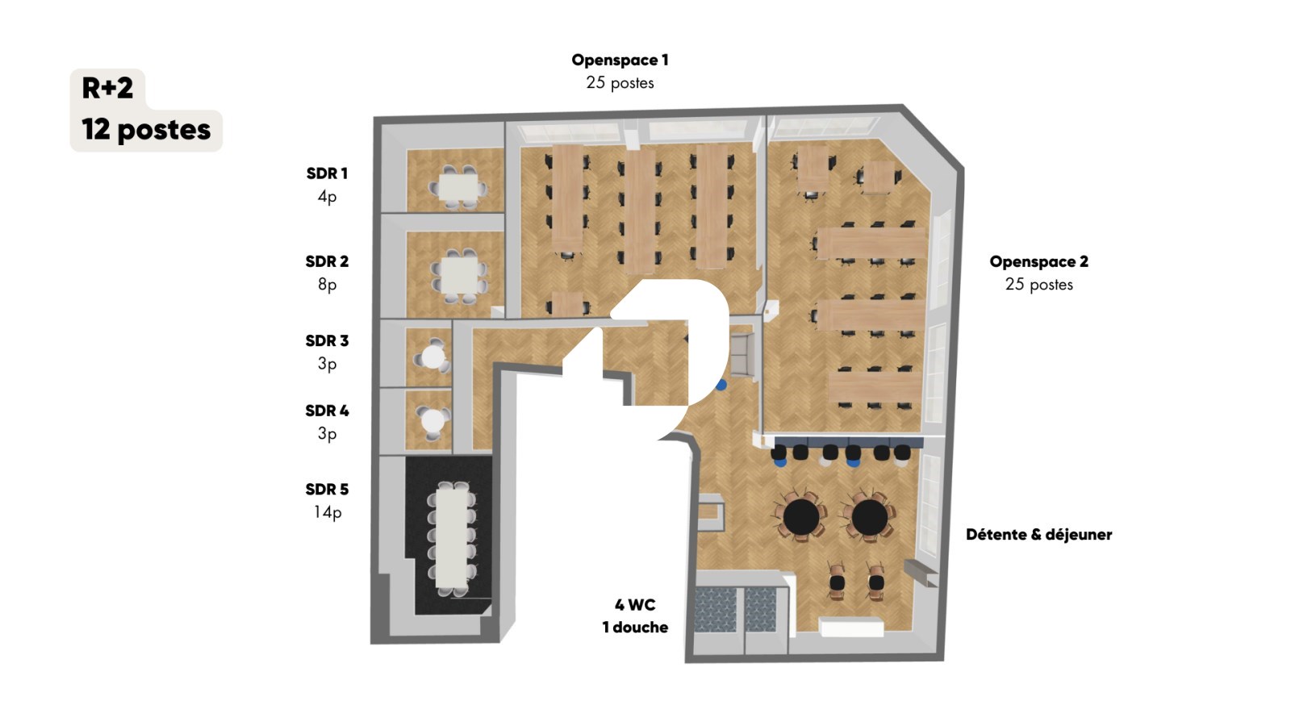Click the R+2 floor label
point(107,88)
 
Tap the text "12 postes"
point(146,130)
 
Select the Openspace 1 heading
point(620,60)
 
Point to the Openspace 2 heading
point(1038,261)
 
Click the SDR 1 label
point(327,173)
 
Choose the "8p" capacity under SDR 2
point(327,285)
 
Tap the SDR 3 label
point(327,341)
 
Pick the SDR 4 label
point(327,411)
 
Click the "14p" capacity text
point(327,512)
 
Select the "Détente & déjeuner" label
point(1038,535)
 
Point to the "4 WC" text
point(634,605)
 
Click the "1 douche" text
point(635,628)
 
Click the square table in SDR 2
point(459,275)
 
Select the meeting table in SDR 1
point(458,187)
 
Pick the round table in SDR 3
point(432,357)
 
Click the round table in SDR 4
point(432,421)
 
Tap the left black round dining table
point(801,517)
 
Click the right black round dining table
point(869,517)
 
